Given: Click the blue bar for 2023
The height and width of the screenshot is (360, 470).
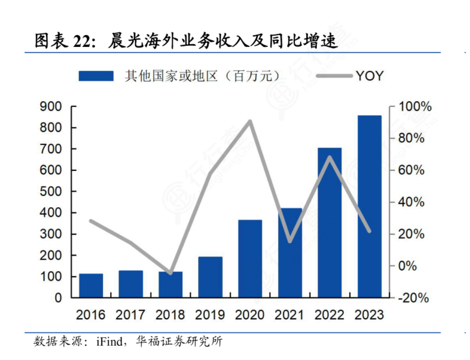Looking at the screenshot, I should [x=369, y=206].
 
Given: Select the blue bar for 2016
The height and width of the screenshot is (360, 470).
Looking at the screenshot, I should [x=91, y=285].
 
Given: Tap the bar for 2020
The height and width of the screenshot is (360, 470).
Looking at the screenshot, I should [x=250, y=259].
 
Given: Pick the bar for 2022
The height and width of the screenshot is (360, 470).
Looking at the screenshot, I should [x=330, y=222].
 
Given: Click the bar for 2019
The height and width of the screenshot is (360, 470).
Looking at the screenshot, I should [x=210, y=277].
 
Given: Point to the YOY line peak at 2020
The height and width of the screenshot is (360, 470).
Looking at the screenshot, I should [x=250, y=121].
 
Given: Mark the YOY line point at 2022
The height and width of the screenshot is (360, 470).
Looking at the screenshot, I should [x=330, y=157].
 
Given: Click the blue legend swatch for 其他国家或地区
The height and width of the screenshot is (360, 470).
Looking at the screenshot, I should [x=96, y=76].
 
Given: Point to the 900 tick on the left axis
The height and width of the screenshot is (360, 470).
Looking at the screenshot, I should [x=52, y=106].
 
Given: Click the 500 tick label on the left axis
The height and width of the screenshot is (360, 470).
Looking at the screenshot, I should [x=52, y=192].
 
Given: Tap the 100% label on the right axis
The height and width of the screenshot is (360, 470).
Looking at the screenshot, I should [x=415, y=106].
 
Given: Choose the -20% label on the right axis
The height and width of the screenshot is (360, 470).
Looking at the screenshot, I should [x=413, y=298].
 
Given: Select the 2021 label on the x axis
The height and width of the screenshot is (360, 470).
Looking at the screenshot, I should [x=289, y=315].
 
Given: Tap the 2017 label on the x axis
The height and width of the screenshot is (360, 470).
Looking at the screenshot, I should [x=131, y=315].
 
